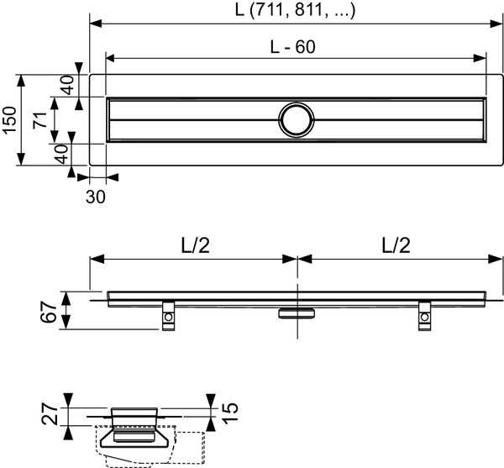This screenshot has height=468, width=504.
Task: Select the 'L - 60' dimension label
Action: point(294,49)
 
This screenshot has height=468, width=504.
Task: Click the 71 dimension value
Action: point(39,119)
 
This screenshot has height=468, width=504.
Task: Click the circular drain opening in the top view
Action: point(296,119)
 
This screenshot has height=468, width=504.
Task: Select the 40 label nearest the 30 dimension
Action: point(61,154)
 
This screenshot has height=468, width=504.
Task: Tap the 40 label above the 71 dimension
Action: point(67,85)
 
